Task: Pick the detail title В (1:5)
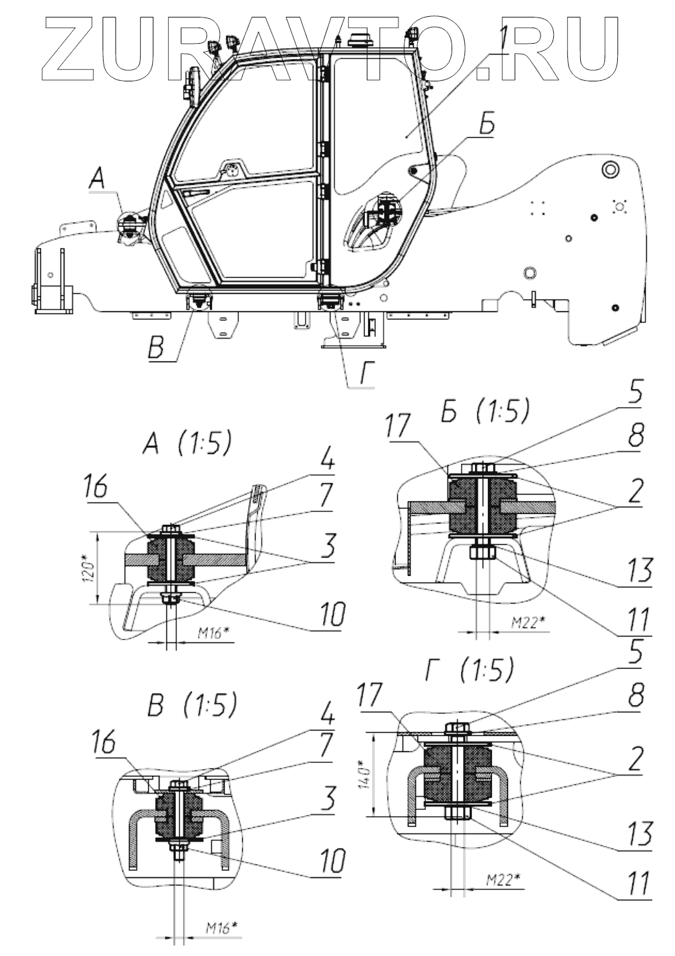click(192, 704)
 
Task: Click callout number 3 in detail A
click(327, 548)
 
